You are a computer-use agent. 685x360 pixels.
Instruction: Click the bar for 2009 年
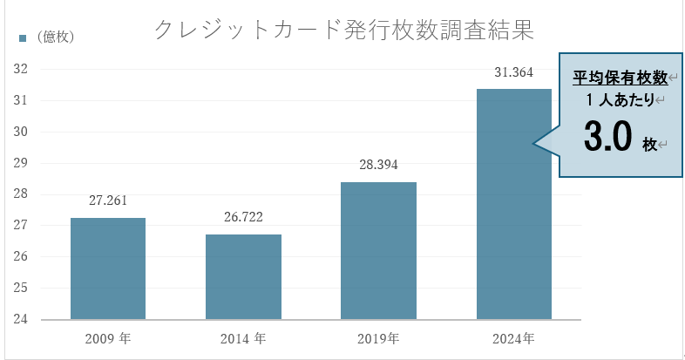(x=107, y=268)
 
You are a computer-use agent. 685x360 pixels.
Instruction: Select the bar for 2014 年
(x=243, y=276)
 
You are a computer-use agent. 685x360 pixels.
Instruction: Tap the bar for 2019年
(x=378, y=250)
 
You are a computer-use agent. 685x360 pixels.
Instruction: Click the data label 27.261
(x=108, y=200)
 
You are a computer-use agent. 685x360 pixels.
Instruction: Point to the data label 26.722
(x=243, y=217)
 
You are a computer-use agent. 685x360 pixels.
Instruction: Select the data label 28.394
(x=378, y=165)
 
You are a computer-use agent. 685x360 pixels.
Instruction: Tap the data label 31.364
(x=513, y=72)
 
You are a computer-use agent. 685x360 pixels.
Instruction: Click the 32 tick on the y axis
(x=21, y=69)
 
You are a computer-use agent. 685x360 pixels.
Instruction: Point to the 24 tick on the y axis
(x=21, y=319)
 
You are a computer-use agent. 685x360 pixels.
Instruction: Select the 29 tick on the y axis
(x=21, y=163)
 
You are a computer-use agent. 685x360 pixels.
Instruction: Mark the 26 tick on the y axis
(x=21, y=256)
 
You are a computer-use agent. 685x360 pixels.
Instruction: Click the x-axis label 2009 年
(x=108, y=338)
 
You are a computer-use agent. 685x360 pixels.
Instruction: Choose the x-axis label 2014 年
(x=243, y=338)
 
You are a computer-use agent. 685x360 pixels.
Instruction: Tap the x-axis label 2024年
(x=513, y=338)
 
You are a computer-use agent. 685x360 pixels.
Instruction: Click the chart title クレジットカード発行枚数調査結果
(x=342, y=29)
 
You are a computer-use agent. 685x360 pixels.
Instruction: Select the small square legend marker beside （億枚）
(x=23, y=37)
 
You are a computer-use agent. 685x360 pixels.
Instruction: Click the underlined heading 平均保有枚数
(x=620, y=78)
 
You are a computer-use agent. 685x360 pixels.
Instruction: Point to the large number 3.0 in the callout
(x=607, y=138)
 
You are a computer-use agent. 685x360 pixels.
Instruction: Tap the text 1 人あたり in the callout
(x=620, y=100)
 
